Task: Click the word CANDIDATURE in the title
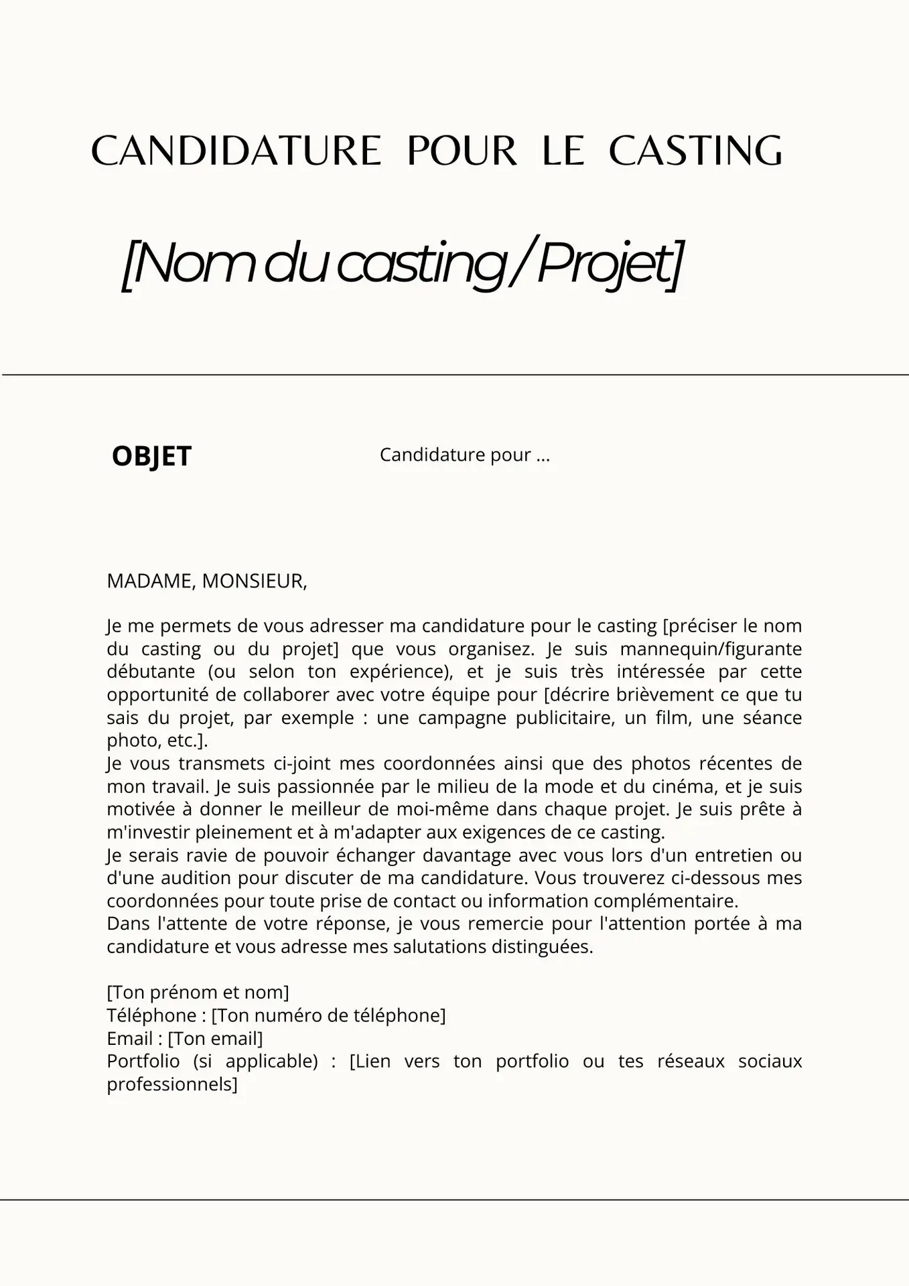[x=236, y=151]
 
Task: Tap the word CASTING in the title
[x=695, y=151]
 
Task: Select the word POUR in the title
[x=462, y=151]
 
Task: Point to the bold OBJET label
[x=151, y=456]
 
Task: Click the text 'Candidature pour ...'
[x=464, y=455]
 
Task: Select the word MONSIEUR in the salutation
[x=254, y=581]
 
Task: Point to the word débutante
[x=151, y=672]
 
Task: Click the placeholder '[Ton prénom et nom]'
[x=198, y=992]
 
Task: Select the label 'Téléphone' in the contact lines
[x=151, y=1015]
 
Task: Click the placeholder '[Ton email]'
[x=215, y=1038]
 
